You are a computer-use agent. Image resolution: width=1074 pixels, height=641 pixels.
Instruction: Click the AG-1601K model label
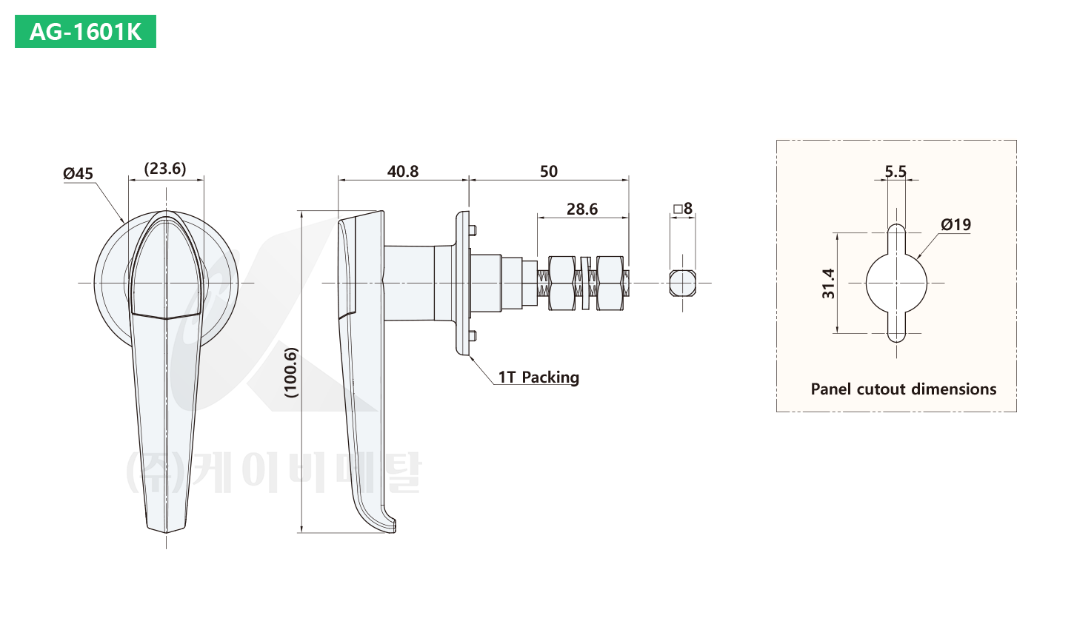tap(85, 32)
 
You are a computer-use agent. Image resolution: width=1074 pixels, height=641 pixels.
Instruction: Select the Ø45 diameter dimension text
tap(79, 173)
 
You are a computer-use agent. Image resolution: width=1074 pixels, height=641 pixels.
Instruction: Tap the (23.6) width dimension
tap(165, 169)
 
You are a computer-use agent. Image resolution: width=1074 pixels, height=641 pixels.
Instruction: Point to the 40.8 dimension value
tap(403, 172)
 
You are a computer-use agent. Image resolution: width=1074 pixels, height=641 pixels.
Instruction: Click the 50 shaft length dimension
tap(549, 172)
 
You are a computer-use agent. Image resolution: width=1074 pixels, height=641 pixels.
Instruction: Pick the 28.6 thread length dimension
tap(582, 209)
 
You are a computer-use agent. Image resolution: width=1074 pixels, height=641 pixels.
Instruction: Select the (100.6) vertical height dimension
tap(291, 372)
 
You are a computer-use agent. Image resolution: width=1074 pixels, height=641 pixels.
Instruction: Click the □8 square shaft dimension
tap(683, 209)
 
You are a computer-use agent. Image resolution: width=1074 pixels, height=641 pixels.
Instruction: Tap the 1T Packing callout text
tap(538, 377)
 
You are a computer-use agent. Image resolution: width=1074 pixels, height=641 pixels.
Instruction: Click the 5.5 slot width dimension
tap(895, 172)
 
